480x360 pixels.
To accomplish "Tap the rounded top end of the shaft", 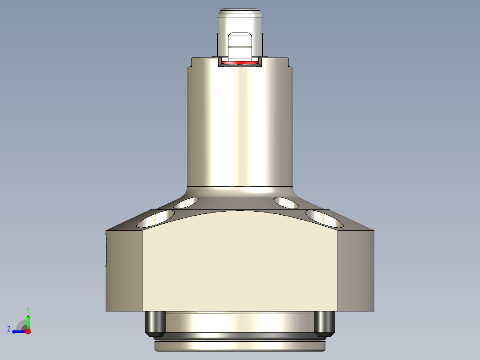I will [x=240, y=13].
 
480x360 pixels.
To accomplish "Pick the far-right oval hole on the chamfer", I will [x=324, y=218].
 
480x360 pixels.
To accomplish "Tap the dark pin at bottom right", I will [x=324, y=323].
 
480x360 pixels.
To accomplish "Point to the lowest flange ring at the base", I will [x=240, y=346].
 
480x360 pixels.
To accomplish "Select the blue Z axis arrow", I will [x=18, y=331].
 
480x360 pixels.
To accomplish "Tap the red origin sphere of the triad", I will [x=28, y=331].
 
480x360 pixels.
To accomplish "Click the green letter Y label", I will [x=28, y=309].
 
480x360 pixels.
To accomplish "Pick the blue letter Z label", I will [x=9, y=329].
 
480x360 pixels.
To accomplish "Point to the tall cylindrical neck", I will [x=240, y=129].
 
